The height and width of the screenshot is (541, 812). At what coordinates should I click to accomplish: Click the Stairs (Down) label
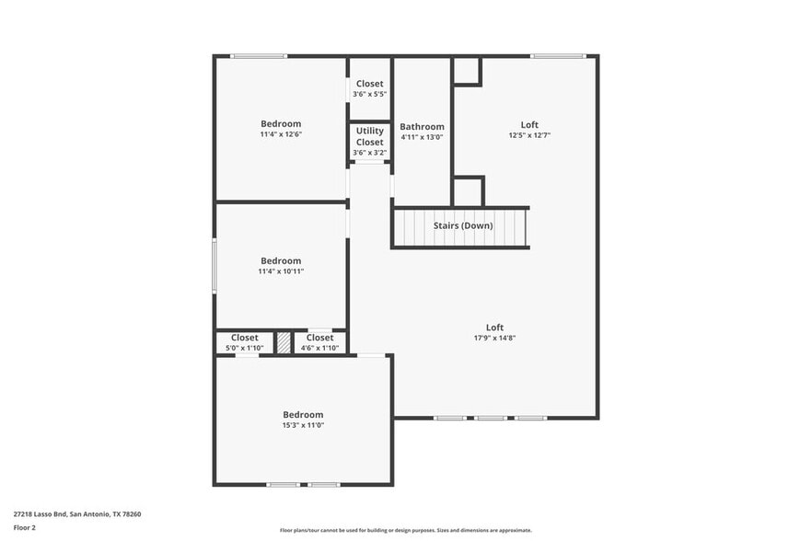[x=463, y=225]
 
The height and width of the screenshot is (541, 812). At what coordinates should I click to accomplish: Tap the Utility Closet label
[x=369, y=136]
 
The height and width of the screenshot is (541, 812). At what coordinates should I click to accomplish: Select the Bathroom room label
[x=422, y=127]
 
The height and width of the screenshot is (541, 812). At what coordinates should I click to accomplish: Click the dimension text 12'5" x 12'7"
[x=529, y=135]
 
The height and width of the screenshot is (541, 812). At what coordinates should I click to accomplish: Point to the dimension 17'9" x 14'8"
[x=495, y=338]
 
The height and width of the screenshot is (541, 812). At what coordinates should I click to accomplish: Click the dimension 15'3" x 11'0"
[x=303, y=425]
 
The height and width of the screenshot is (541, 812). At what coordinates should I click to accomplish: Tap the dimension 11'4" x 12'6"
[x=281, y=134]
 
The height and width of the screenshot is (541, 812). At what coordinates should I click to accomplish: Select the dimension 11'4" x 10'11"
[x=281, y=271]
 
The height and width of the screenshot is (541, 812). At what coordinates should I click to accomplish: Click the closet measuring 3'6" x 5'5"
[x=369, y=88]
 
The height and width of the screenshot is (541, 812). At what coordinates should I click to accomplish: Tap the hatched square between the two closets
[x=284, y=342]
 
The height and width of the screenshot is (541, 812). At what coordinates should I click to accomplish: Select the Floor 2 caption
[x=25, y=528]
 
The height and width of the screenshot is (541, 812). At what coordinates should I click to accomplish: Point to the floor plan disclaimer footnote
[x=405, y=530]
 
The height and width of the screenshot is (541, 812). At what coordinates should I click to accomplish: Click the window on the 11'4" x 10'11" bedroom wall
[x=215, y=265]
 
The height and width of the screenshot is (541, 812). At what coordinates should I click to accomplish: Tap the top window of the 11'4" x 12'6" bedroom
[x=259, y=56]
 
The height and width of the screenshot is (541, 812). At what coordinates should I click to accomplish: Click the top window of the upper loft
[x=557, y=56]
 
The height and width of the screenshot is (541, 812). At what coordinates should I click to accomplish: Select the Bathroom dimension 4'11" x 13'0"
[x=422, y=137]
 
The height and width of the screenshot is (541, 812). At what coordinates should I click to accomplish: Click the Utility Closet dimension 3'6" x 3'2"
[x=369, y=153]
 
